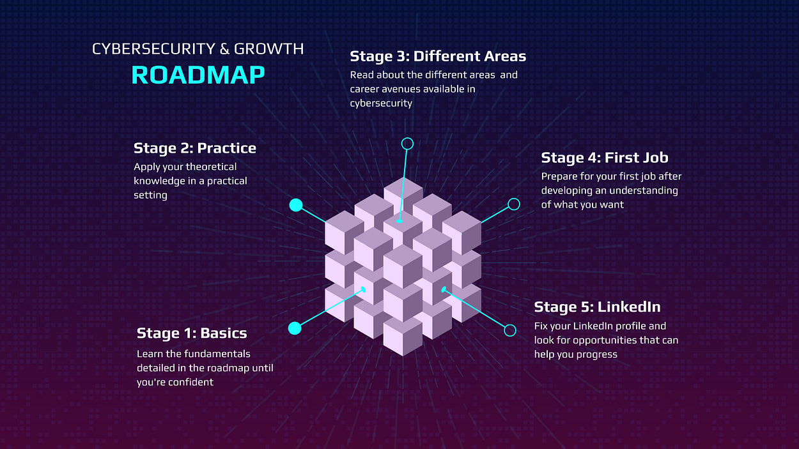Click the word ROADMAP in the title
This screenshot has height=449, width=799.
tap(198, 75)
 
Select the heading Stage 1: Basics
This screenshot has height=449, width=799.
tap(192, 333)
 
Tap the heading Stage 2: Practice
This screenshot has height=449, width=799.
tap(195, 149)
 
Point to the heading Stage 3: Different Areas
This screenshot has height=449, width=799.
tap(438, 57)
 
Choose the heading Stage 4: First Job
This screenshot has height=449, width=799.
tap(605, 158)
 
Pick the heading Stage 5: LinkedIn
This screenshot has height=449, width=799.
tap(597, 307)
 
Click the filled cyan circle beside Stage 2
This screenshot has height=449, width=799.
tap(295, 205)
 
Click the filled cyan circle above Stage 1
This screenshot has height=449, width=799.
tap(295, 328)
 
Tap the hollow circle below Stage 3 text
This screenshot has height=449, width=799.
tap(407, 144)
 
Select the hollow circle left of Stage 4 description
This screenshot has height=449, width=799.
tap(513, 204)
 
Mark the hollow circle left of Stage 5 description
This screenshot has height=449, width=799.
tap(510, 330)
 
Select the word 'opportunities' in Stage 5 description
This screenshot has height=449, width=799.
tap(595, 340)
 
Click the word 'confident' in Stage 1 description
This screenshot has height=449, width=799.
tap(191, 382)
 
